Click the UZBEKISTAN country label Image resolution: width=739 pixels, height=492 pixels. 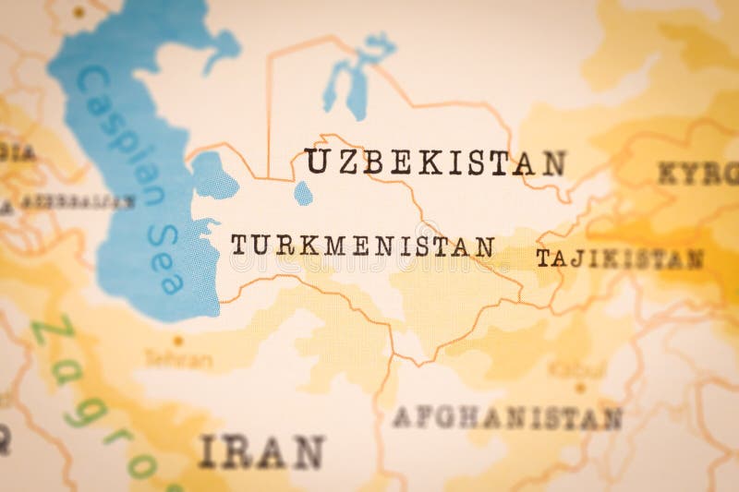coord(435,162)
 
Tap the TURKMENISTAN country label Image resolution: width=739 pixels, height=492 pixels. coord(362,246)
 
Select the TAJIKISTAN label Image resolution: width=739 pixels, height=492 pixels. coord(619,259)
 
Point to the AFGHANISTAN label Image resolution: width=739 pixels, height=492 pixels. coord(506,418)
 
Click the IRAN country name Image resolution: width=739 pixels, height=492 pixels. coord(261,451)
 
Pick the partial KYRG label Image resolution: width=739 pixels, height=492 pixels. coord(698,173)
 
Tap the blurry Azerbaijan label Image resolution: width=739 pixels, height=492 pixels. coord(78,201)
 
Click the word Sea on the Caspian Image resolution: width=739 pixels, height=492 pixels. coord(164,259)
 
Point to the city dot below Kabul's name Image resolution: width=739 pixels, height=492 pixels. coord(580,388)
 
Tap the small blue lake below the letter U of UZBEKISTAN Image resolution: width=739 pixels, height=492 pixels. coord(303,193)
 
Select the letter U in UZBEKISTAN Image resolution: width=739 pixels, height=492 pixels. coord(317,161)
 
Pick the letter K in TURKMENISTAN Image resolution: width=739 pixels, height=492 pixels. coord(287,245)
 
